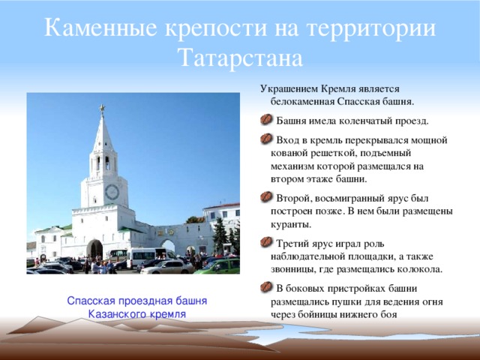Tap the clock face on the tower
pyautogui.click(x=111, y=191)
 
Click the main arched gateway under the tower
pyautogui.click(x=95, y=249)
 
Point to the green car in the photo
pyautogui.click(x=218, y=265)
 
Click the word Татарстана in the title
pyautogui.click(x=240, y=58)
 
